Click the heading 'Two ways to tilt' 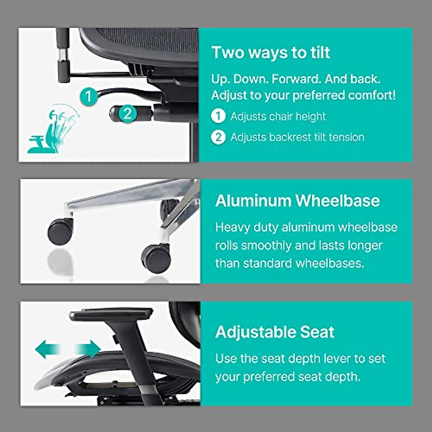(270, 53)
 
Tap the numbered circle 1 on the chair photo (89, 96)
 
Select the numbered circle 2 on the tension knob (127, 114)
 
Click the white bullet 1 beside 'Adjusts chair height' (218, 116)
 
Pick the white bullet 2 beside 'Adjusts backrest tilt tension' (218, 137)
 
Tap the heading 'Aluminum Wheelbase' (297, 201)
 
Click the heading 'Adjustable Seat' (275, 332)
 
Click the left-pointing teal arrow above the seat (46, 350)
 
